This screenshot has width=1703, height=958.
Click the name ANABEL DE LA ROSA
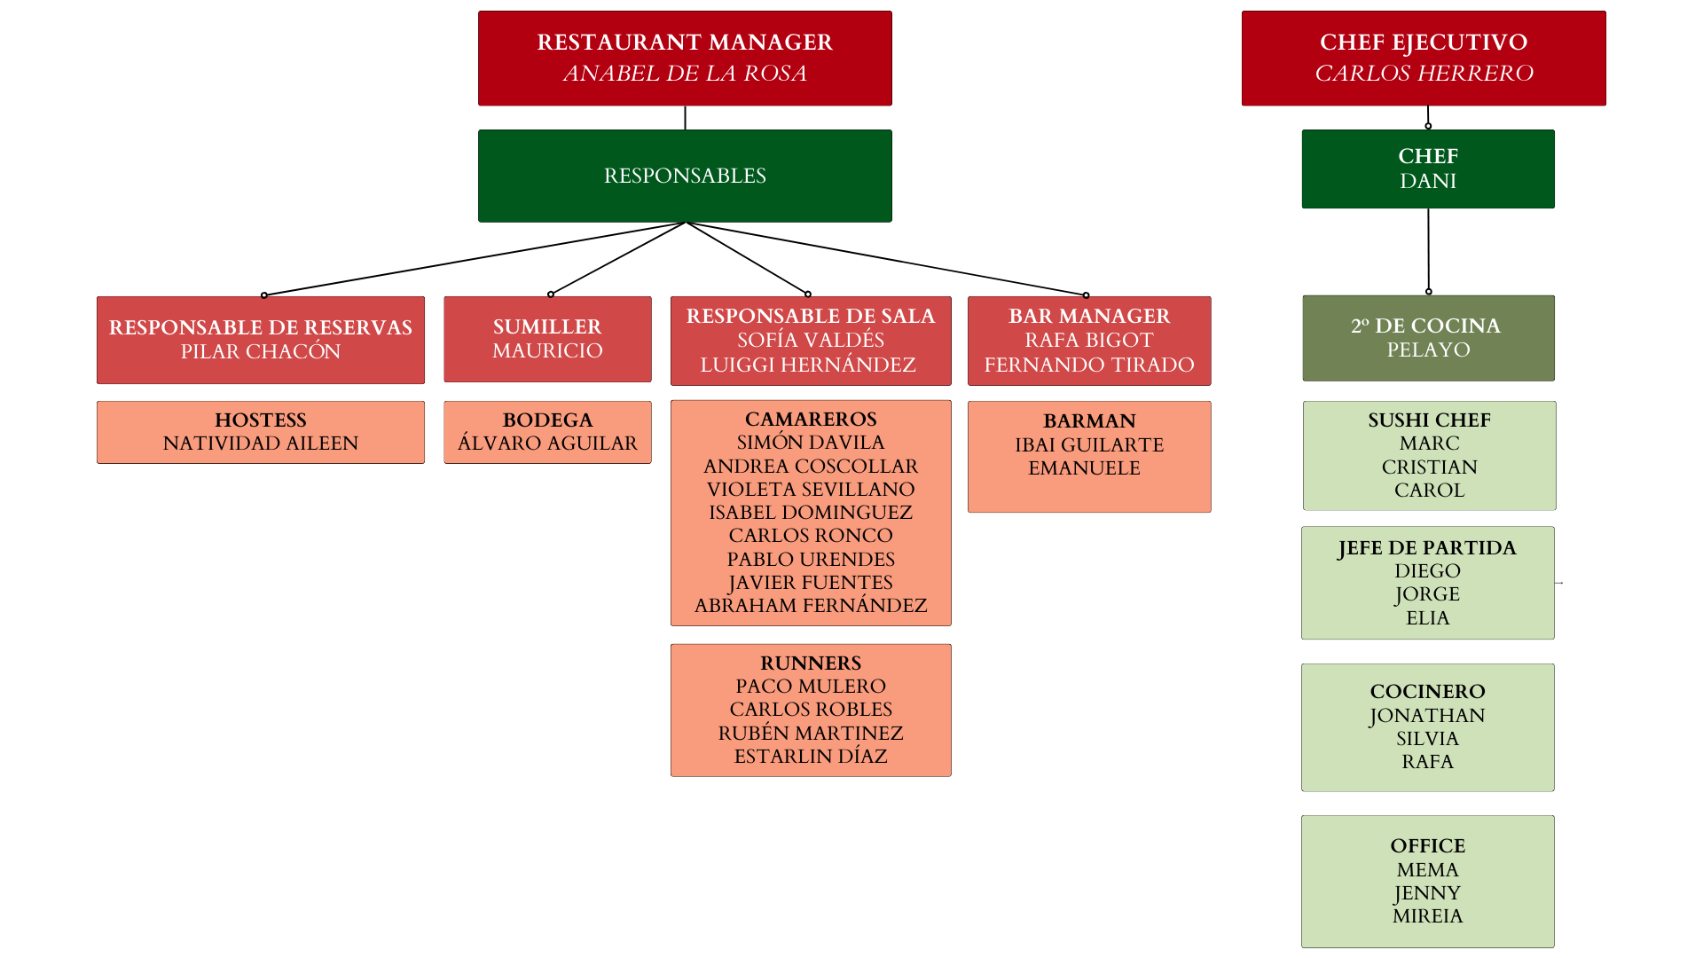pyautogui.click(x=685, y=74)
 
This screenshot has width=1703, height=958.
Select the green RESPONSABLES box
pyautogui.click(x=685, y=176)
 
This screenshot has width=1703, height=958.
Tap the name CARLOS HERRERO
pyautogui.click(x=1424, y=74)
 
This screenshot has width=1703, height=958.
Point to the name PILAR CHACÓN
pyautogui.click(x=261, y=352)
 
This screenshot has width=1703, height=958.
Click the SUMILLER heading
pyautogui.click(x=547, y=326)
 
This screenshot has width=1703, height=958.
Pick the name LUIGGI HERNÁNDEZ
pyautogui.click(x=808, y=365)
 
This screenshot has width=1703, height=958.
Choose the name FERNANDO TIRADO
pyautogui.click(x=1089, y=365)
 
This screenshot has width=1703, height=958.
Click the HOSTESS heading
pyautogui.click(x=261, y=420)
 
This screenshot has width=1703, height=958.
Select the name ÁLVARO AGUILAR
pyautogui.click(x=547, y=444)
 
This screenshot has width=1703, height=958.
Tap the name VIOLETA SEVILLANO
pyautogui.click(x=811, y=490)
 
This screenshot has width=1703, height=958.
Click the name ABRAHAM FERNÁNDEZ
pyautogui.click(x=811, y=606)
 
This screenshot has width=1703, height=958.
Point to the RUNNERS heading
pyautogui.click(x=811, y=664)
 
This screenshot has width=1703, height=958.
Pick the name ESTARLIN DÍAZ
pyautogui.click(x=811, y=757)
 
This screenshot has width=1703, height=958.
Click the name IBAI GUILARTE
pyautogui.click(x=1089, y=445)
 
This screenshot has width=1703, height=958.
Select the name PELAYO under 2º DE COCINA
pyautogui.click(x=1428, y=350)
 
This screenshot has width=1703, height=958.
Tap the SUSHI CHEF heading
pyautogui.click(x=1429, y=420)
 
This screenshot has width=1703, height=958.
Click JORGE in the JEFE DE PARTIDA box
pyautogui.click(x=1427, y=594)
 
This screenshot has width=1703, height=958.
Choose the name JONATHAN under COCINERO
pyautogui.click(x=1427, y=716)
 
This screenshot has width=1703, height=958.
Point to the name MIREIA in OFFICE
pyautogui.click(x=1427, y=916)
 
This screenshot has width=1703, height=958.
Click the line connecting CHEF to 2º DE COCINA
pyautogui.click(x=1428, y=250)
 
